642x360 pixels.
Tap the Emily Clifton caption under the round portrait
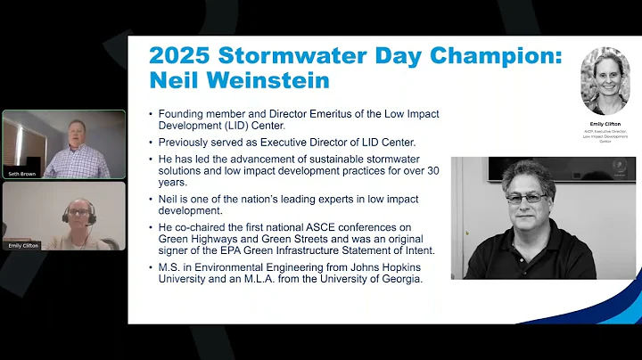(x=605, y=124)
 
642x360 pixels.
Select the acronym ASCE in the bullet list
(x=321, y=227)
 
